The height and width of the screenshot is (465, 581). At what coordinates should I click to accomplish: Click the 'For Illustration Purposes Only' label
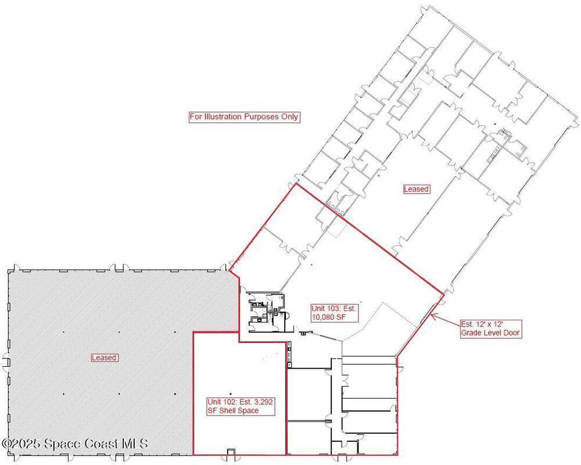point(244,117)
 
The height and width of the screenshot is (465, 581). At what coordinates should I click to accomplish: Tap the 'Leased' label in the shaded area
point(104,357)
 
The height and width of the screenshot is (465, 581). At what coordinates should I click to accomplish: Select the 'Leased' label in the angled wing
point(416,189)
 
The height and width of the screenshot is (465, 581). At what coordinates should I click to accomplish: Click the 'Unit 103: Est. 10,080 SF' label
point(334,313)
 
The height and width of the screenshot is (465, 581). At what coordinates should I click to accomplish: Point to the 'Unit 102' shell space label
point(241,406)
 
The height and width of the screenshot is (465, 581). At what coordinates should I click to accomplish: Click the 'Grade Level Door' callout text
point(490,328)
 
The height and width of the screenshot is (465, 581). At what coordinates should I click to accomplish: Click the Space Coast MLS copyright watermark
point(75,443)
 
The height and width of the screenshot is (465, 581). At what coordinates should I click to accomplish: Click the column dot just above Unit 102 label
point(231,394)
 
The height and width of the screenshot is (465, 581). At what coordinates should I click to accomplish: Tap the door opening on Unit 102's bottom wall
point(231,452)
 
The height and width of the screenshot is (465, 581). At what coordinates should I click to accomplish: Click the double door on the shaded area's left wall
point(6,362)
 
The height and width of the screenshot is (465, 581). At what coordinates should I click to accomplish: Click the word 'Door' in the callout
point(511,333)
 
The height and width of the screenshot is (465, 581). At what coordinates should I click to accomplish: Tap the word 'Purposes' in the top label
point(260,117)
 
